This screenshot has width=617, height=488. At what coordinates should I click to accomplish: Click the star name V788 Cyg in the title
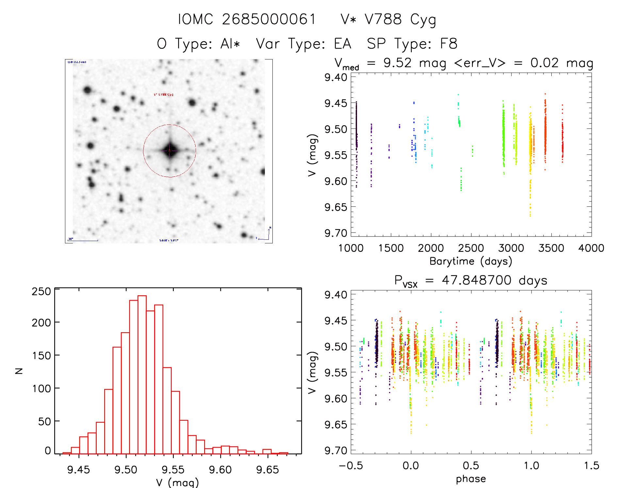(x=388, y=20)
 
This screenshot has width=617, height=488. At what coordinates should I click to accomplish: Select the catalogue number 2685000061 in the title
(x=269, y=20)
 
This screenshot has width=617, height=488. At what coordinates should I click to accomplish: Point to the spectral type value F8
(x=448, y=44)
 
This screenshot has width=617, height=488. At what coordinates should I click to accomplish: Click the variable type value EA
(x=342, y=44)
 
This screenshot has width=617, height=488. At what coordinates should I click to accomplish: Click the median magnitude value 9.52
(x=398, y=63)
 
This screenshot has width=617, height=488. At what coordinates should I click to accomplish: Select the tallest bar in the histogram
(x=142, y=374)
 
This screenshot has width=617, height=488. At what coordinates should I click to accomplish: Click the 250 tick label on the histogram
(x=41, y=291)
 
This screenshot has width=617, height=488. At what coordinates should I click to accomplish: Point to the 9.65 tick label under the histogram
(x=268, y=470)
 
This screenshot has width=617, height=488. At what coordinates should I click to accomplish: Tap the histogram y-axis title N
(x=19, y=371)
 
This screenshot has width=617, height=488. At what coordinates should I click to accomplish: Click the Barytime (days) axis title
(x=471, y=261)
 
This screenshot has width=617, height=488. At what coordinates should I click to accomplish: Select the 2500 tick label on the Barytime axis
(x=471, y=248)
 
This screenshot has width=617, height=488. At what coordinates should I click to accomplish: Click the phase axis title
(x=471, y=479)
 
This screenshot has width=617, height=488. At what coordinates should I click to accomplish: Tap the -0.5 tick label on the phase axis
(x=350, y=466)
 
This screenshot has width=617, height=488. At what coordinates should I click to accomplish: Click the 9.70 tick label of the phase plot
(x=335, y=450)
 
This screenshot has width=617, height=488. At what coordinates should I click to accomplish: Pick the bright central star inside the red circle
(x=170, y=151)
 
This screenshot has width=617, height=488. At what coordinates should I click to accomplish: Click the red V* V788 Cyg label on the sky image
(x=164, y=95)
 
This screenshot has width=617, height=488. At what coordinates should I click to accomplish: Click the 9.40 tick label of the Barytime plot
(x=335, y=77)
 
